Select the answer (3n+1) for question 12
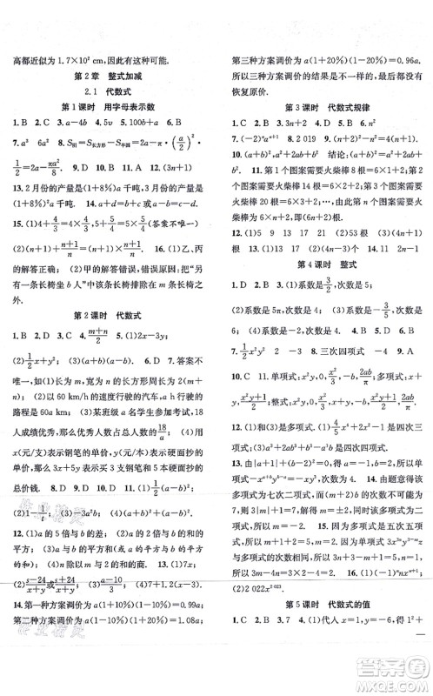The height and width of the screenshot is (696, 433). (x=164, y=165)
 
